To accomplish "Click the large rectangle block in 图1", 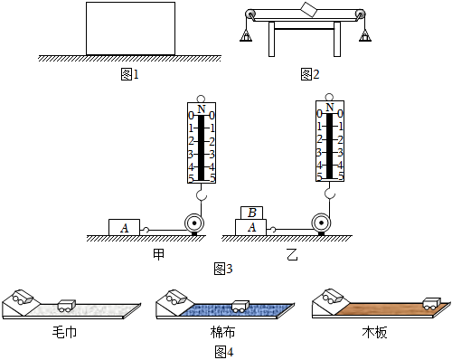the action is tap(130, 29).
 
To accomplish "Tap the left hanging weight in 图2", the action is tap(246, 36).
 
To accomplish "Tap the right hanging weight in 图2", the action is tap(364, 36).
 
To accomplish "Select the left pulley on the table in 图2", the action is tap(250, 14).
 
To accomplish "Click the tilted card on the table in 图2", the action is tap(309, 10).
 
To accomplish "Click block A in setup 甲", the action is tap(124, 227).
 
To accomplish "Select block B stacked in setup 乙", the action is tap(251, 213).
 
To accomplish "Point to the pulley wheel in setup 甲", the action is tap(194, 223).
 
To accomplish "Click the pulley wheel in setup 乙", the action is tap(321, 223).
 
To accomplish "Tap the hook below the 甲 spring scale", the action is tap(202, 194).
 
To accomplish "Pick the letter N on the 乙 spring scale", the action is tap(330, 107).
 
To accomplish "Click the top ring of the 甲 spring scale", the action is tap(201, 99).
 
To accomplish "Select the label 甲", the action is tap(159, 254).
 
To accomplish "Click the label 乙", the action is tap(292, 254).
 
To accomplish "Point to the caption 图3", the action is tap(223, 269).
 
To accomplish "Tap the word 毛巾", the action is tap(64, 332).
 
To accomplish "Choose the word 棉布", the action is tap(222, 332).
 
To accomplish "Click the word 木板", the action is tap(374, 332).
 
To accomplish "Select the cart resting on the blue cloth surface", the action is tap(240, 306).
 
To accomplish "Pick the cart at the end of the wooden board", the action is tap(431, 304).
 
